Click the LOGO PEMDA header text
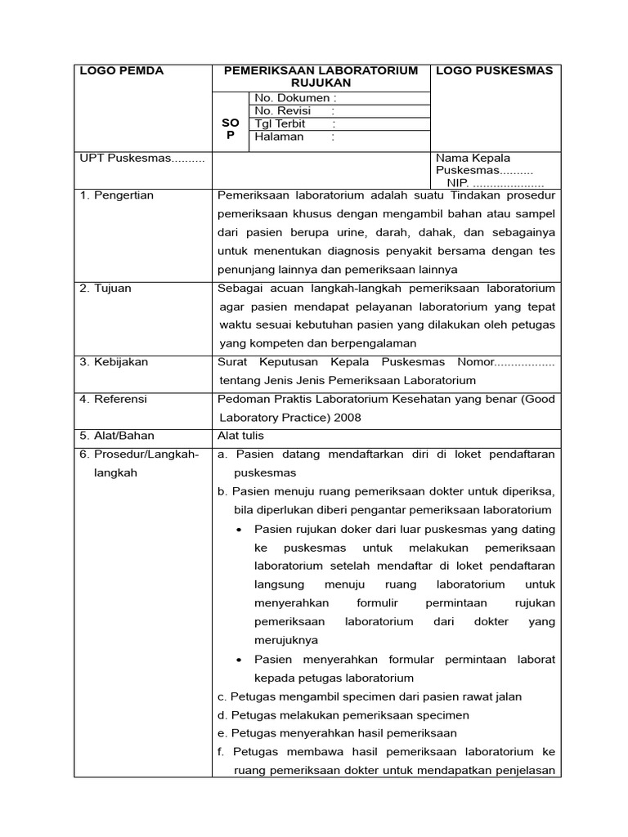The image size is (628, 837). tap(121, 71)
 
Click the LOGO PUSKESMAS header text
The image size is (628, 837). tap(494, 71)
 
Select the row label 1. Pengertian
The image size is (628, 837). tap(116, 195)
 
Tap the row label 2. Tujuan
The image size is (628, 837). tap(105, 289)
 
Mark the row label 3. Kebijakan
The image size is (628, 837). tap(114, 362)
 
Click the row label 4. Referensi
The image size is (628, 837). tap(113, 400)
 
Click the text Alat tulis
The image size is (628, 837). tap(240, 436)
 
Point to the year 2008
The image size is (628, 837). tap(347, 418)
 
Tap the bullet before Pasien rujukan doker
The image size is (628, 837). tap(239, 530)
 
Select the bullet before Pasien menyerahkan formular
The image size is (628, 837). tap(239, 660)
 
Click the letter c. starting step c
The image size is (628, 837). tap(222, 697)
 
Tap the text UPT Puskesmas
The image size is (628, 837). tap(141, 159)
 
